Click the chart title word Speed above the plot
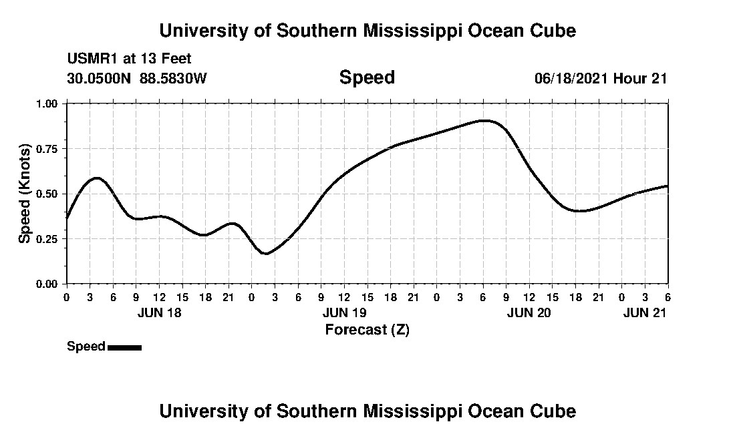(x=367, y=77)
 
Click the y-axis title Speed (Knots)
(x=24, y=193)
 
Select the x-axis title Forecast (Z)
(x=367, y=329)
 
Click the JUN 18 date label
(x=159, y=312)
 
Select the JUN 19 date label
(x=344, y=312)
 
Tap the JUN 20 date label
(x=529, y=312)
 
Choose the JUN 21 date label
(x=645, y=312)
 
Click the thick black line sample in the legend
(x=124, y=347)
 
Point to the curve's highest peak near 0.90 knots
(x=484, y=121)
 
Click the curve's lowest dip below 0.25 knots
(x=265, y=254)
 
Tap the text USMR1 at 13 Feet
(x=129, y=59)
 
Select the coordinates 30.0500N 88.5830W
(x=137, y=78)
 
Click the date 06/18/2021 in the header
(x=571, y=78)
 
